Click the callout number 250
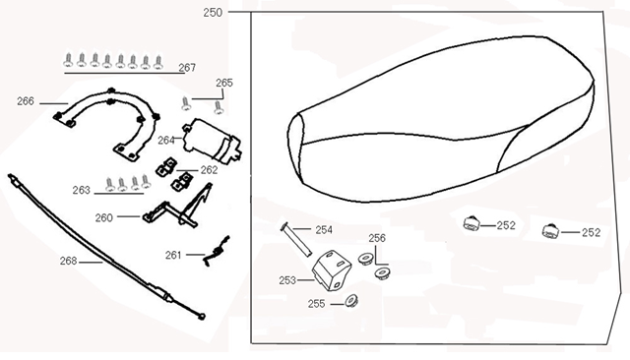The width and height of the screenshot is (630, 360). click(x=213, y=13)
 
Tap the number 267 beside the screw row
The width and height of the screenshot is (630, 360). click(x=187, y=68)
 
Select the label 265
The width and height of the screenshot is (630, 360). click(x=223, y=84)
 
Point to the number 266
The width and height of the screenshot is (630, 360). click(x=26, y=100)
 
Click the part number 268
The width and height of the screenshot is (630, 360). click(x=67, y=262)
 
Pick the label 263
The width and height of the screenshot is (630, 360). click(x=81, y=190)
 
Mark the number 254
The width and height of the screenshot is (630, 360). click(x=324, y=229)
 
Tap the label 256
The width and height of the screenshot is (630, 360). click(x=377, y=239)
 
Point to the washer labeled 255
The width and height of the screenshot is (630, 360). click(x=350, y=301)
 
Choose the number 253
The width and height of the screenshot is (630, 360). click(x=287, y=280)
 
